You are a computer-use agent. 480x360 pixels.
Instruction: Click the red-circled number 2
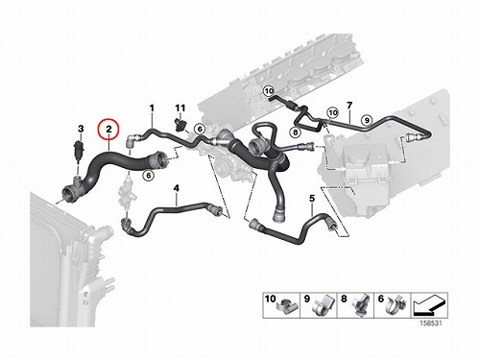108,130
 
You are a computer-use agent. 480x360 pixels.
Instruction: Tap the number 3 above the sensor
81,129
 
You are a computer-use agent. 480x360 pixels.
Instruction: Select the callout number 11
180,108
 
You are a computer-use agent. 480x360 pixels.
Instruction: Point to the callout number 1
152,108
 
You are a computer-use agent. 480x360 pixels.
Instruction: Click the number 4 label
177,188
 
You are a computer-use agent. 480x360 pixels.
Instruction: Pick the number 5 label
312,199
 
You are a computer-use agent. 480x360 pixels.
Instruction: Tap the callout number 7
349,105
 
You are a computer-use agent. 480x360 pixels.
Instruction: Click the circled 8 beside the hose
295,132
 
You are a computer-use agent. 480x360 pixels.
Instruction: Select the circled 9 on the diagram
367,120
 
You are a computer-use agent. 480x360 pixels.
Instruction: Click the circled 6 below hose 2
148,175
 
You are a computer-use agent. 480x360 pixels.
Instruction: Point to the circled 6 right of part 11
200,129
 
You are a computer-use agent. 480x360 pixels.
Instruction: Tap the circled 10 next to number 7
333,112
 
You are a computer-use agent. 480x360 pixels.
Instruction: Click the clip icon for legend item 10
287,307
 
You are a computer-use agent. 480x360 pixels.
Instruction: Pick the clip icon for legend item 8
361,305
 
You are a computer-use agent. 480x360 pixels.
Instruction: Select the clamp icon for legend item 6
396,306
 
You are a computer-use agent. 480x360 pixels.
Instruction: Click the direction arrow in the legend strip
429,306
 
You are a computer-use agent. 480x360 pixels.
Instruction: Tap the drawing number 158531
431,324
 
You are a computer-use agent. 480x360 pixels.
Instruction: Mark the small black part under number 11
180,124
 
